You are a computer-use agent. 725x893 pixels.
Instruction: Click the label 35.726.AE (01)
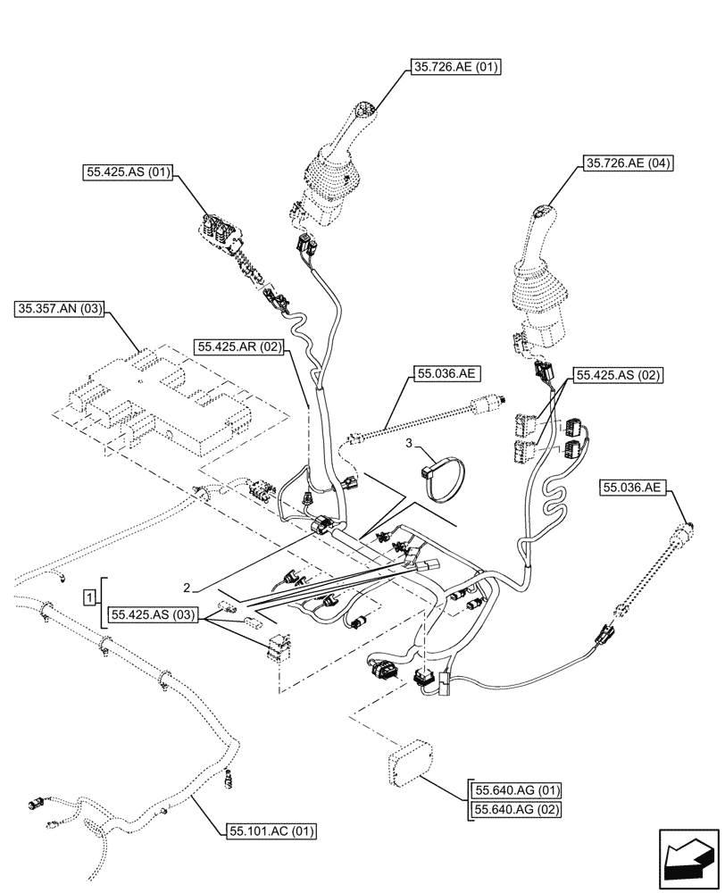[456, 67]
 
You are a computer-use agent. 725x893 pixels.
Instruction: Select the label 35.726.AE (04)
[628, 163]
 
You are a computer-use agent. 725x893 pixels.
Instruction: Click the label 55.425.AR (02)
[242, 347]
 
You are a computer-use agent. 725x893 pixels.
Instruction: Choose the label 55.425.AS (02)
[617, 376]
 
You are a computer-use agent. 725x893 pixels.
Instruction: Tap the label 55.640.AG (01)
[518, 790]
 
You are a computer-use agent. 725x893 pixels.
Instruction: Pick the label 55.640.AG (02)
[518, 810]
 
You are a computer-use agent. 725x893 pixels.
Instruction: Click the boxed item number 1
[91, 596]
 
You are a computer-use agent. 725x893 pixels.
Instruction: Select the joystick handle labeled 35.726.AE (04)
[541, 277]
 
